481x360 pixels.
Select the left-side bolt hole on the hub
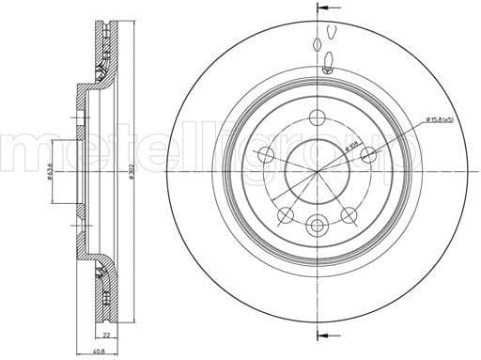pyautogui.click(x=266, y=155)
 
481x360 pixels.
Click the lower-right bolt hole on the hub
pyautogui.click(x=350, y=213)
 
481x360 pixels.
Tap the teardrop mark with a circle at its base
pyautogui.click(x=327, y=63)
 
